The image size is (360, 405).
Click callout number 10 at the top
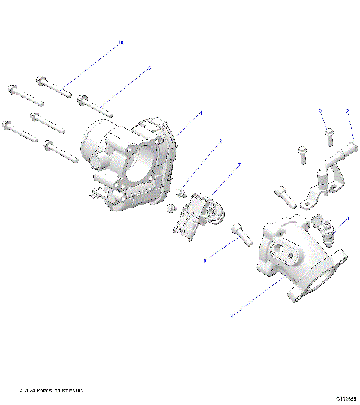[x=121, y=44]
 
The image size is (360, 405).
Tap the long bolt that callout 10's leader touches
[x=54, y=84]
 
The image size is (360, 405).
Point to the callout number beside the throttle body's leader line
[x=201, y=113]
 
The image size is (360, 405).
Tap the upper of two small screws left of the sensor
[x=181, y=193]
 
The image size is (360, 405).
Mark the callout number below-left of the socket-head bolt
[x=205, y=260]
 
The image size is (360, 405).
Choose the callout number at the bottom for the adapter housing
[x=232, y=316]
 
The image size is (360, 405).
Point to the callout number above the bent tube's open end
[x=348, y=112]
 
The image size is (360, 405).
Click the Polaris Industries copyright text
[x=51, y=391]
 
